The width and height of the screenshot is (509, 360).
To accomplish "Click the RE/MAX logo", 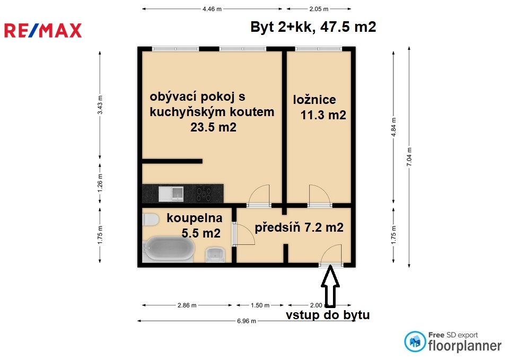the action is tap(43, 31).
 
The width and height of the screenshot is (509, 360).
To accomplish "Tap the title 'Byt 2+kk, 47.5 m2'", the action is tap(313, 27).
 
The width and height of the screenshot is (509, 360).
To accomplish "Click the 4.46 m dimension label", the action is tap(212, 9).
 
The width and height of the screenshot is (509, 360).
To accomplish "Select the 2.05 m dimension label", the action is tap(319, 9).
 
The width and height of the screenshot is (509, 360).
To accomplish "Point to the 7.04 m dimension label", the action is tap(409, 157).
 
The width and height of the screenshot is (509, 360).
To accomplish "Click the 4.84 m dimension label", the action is tap(393, 127).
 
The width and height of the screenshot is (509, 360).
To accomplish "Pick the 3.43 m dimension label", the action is tap(100, 105).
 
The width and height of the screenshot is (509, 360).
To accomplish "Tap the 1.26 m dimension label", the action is tap(100, 183).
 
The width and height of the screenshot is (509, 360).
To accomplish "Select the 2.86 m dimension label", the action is tap(187, 305).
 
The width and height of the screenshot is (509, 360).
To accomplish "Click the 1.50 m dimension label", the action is tap(260, 305).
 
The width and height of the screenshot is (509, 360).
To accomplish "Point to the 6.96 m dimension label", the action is tap(247, 321).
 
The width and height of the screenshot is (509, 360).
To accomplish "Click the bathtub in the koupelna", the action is tap(169, 249).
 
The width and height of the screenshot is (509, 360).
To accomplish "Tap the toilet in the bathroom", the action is tap(150, 220).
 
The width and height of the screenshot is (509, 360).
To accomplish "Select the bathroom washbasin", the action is tap(215, 255).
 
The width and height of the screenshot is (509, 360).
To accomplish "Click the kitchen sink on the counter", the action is tap(171, 194).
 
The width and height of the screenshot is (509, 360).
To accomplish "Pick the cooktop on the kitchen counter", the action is tap(204, 194).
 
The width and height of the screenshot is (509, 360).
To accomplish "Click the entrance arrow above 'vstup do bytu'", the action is tap(330, 286).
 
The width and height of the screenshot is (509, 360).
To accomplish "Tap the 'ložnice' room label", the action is tap(314, 100).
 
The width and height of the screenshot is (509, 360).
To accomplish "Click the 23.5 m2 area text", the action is tap(213, 127).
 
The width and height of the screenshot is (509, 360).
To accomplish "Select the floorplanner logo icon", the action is tap(415, 341).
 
